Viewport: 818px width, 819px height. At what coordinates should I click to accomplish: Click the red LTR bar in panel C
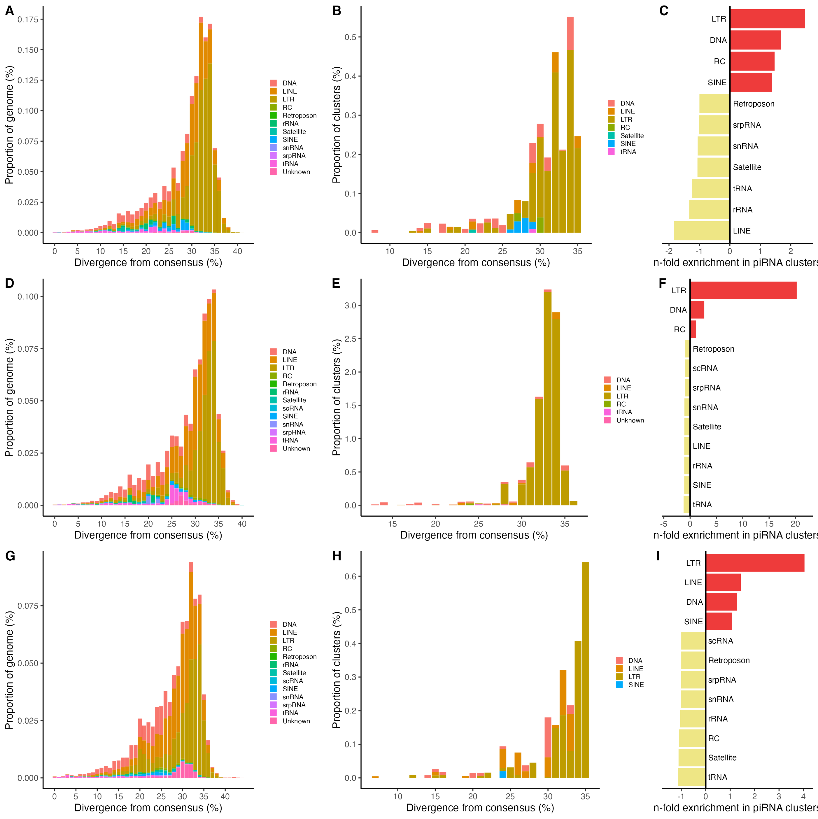click(767, 19)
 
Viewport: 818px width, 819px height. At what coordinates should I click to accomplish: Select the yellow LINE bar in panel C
click(701, 231)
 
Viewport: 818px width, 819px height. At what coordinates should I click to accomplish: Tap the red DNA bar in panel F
click(697, 310)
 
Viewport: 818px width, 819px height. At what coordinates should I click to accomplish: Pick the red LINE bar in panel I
click(723, 583)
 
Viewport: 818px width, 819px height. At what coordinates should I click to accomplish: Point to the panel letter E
click(336, 283)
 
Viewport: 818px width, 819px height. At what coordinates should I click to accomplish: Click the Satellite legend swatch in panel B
click(611, 136)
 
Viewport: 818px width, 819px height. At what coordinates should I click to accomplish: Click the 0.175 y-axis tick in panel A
click(28, 20)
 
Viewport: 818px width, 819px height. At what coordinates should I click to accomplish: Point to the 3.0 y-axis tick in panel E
click(353, 305)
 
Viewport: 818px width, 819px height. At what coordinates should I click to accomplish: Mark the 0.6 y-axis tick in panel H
click(350, 576)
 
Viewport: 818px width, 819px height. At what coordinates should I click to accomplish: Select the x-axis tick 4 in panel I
click(803, 797)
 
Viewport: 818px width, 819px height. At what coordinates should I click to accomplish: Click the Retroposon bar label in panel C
click(754, 104)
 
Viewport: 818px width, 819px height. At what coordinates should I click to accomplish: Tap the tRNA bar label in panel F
click(702, 504)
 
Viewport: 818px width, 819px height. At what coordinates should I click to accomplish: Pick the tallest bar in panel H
click(585, 670)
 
